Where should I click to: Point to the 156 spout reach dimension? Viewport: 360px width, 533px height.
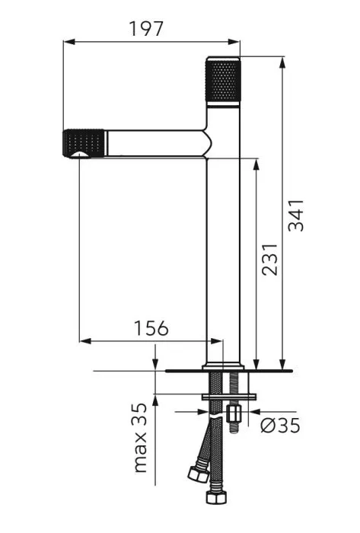click(151, 328)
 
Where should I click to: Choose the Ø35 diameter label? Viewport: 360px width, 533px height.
click(279, 425)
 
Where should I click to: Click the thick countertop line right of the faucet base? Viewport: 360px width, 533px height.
click(266, 371)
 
